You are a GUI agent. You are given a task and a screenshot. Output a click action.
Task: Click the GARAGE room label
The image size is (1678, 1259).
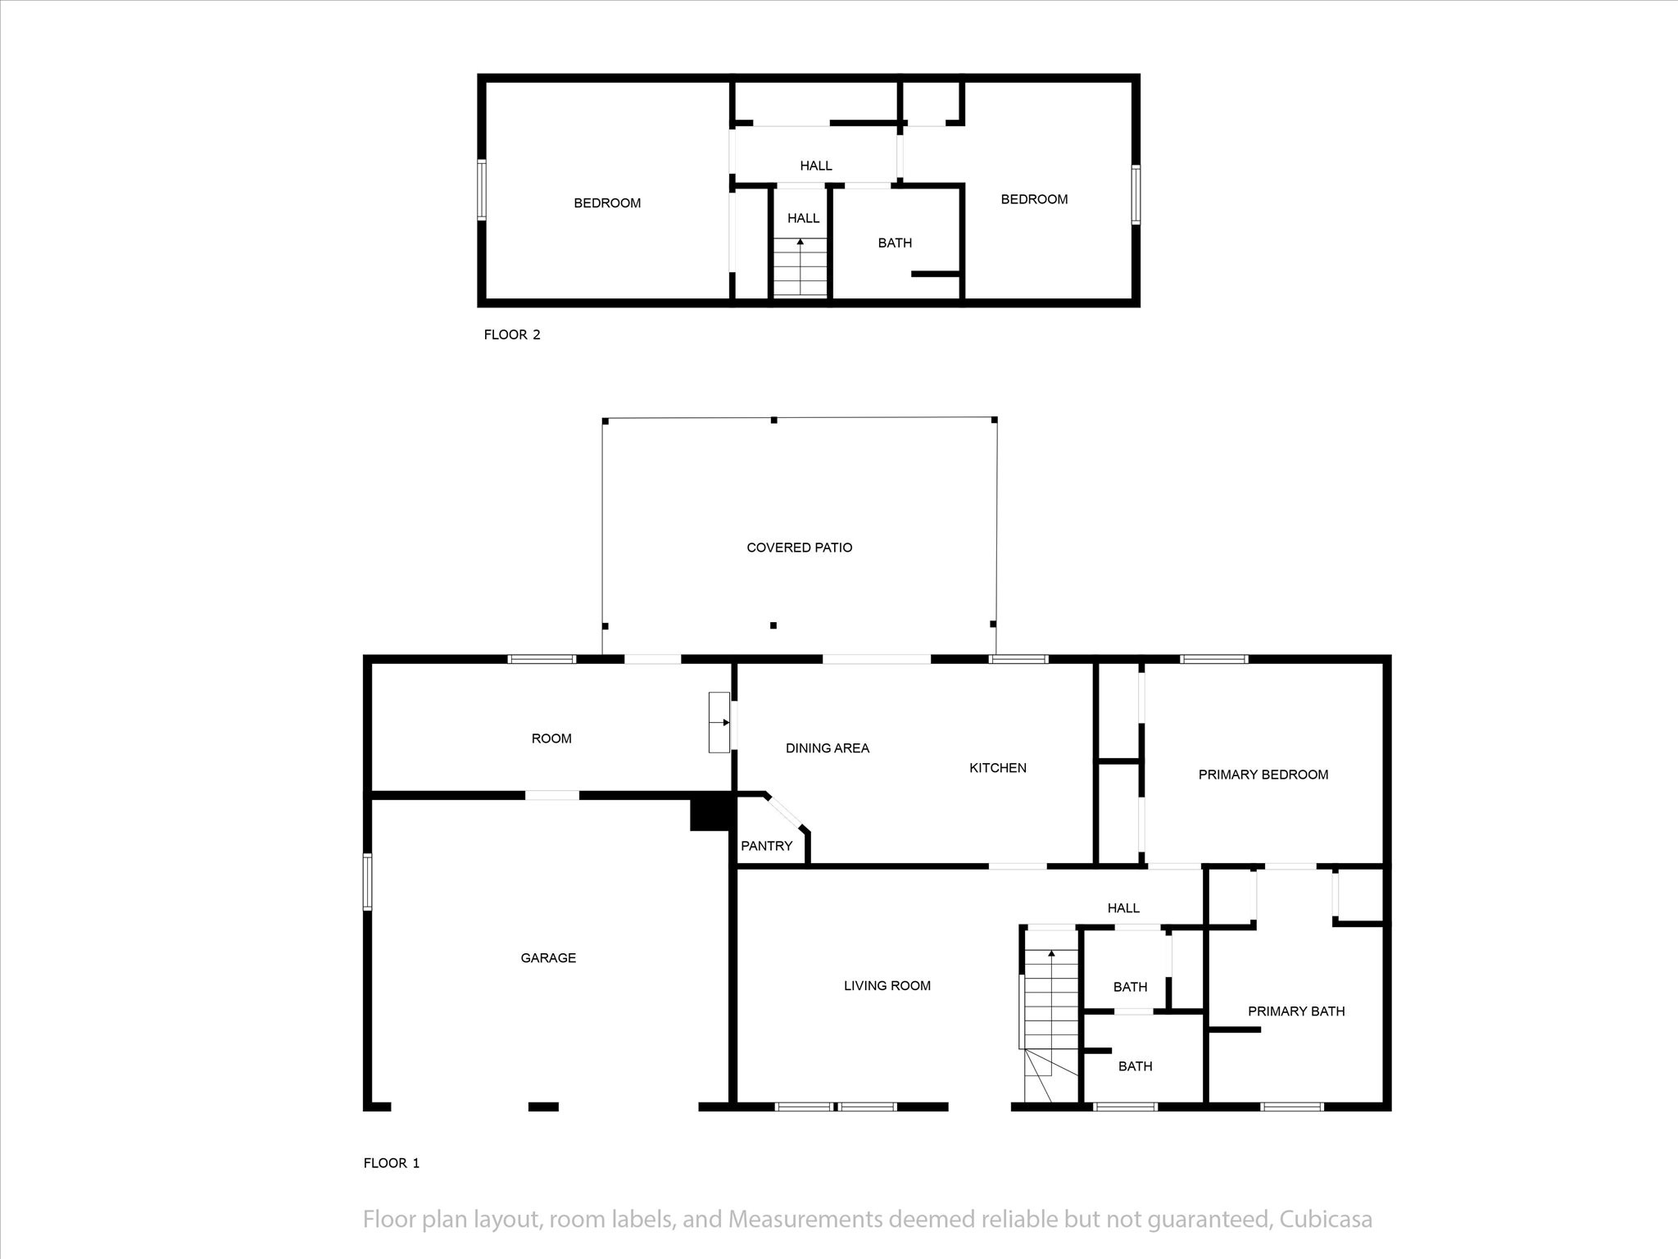pyautogui.click(x=548, y=957)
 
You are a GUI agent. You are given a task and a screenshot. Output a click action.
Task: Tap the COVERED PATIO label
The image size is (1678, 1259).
pyautogui.click(x=799, y=548)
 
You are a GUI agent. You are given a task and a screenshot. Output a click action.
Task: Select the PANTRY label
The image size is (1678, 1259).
pyautogui.click(x=766, y=846)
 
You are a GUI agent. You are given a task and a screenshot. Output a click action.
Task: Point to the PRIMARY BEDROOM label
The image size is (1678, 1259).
pyautogui.click(x=1263, y=775)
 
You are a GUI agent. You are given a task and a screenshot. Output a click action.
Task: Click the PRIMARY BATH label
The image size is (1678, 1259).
pyautogui.click(x=1296, y=1011)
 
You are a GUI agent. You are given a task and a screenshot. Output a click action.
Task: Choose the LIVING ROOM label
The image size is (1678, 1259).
pyautogui.click(x=887, y=986)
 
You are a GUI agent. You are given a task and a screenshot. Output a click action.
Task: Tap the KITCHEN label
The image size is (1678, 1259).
pyautogui.click(x=997, y=768)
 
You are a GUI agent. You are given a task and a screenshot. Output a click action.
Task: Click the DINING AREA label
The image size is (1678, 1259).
pyautogui.click(x=827, y=748)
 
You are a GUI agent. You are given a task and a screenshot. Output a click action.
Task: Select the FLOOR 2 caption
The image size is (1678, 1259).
pyautogui.click(x=512, y=334)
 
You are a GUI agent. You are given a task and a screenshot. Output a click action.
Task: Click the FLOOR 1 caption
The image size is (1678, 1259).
pyautogui.click(x=392, y=1163)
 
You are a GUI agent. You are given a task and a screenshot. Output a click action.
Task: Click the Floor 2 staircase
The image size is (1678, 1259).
pyautogui.click(x=800, y=267)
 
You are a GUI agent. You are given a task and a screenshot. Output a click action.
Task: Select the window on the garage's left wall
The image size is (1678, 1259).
pyautogui.click(x=367, y=882)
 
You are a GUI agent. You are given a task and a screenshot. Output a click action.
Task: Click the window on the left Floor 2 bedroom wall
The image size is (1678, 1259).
pyautogui.click(x=482, y=190)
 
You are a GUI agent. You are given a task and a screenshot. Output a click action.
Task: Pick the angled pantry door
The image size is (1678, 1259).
pyautogui.click(x=787, y=812)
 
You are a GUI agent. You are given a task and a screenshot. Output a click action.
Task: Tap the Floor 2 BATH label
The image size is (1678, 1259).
pyautogui.click(x=895, y=243)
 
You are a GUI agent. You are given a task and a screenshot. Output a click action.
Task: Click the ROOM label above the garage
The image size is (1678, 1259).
pyautogui.click(x=551, y=739)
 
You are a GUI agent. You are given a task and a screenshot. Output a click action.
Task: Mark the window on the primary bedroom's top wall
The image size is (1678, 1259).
pyautogui.click(x=1214, y=659)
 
